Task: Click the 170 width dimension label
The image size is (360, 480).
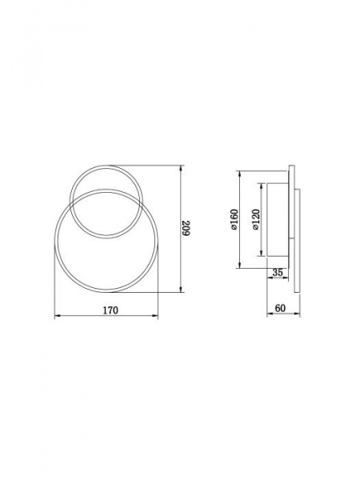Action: click(110, 310)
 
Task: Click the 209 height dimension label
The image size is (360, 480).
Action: click(186, 228)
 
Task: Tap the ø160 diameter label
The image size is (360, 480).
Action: click(234, 219)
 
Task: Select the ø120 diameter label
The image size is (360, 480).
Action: click(256, 219)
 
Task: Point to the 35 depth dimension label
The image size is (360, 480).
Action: click(278, 273)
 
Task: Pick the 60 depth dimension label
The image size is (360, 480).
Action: click(280, 308)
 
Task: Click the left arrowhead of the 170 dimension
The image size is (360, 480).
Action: click(57, 315)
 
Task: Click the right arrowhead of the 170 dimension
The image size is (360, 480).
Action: click(155, 315)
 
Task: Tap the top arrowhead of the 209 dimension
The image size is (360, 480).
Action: click(181, 168)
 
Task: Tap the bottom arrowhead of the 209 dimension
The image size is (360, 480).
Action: click(181, 290)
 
